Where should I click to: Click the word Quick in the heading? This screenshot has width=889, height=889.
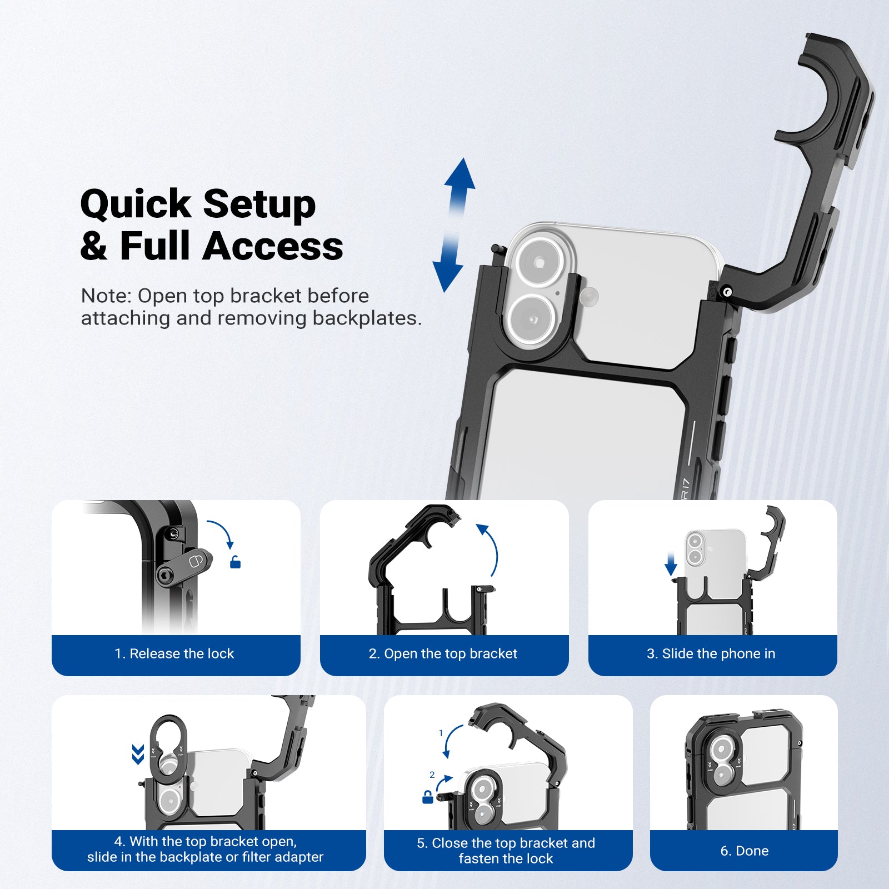click(136, 204)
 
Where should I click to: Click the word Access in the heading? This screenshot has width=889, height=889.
click(272, 246)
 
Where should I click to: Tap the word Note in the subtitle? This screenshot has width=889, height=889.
click(103, 296)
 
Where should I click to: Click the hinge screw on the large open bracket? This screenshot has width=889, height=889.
click(727, 291)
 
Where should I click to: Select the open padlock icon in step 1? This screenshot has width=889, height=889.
click(235, 562)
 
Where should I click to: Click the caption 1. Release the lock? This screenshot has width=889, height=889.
click(174, 653)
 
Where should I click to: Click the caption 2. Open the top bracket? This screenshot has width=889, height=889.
click(443, 653)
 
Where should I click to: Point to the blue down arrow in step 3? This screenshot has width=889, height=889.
click(671, 565)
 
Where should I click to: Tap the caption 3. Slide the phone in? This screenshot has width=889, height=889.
click(711, 653)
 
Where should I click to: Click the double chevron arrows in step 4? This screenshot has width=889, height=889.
click(138, 755)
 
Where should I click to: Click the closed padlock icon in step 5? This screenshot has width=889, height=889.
click(427, 797)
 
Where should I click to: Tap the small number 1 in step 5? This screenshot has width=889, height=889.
click(441, 733)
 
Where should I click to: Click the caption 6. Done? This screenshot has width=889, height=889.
click(744, 851)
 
